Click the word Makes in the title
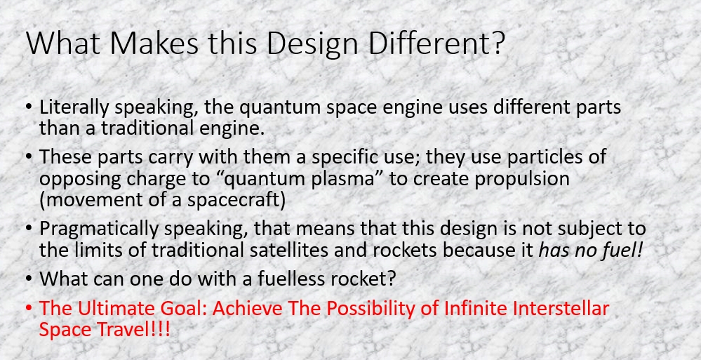coord(154,43)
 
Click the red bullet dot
coord(29,308)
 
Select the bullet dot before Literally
coord(29,108)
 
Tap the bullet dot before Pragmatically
coord(29,229)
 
